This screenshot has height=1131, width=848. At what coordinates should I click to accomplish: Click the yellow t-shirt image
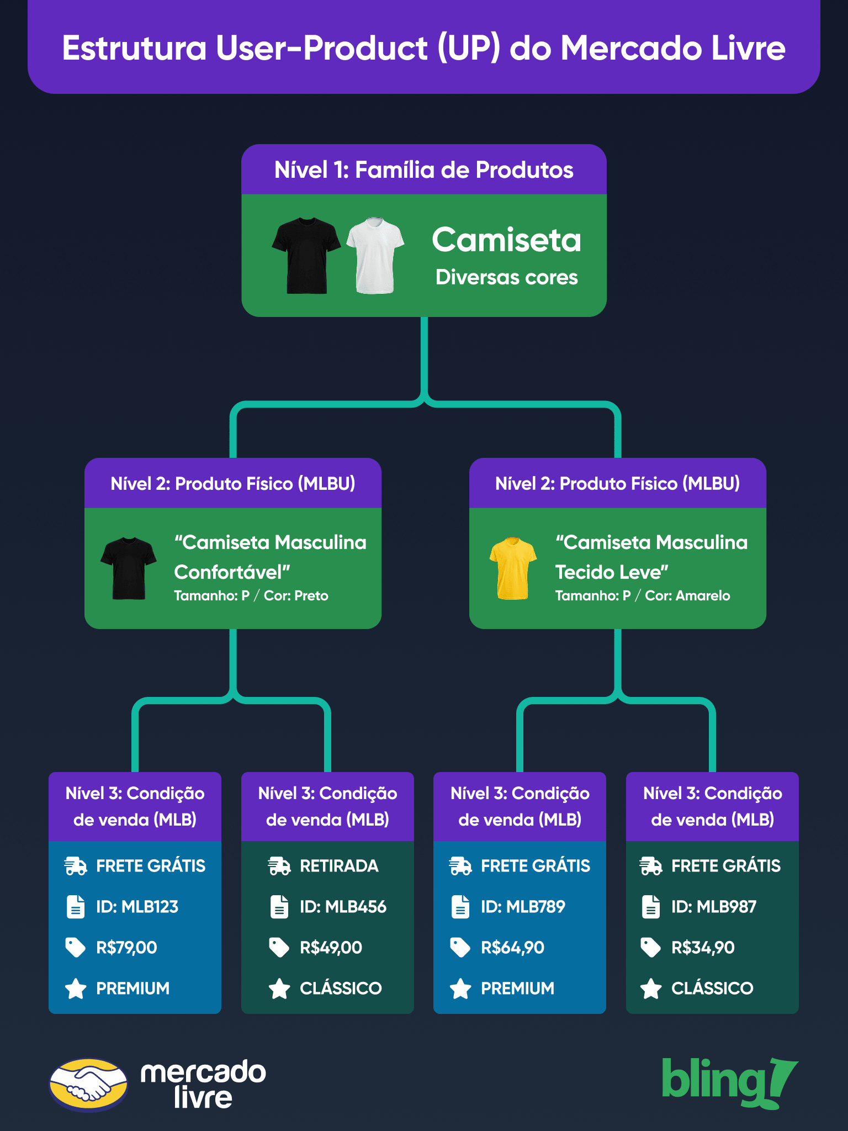click(x=513, y=568)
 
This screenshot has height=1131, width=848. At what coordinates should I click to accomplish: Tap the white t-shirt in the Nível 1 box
click(x=375, y=255)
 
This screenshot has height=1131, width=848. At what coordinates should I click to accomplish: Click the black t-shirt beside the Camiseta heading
click(x=306, y=255)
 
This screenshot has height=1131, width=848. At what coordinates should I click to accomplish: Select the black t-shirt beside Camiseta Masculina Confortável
click(x=129, y=568)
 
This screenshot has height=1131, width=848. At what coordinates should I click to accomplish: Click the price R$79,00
click(x=126, y=948)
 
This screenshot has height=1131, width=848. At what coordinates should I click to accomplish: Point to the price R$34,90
click(x=703, y=948)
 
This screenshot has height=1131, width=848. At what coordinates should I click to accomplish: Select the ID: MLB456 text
click(x=343, y=907)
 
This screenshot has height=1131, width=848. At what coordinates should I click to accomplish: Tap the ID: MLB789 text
click(x=523, y=907)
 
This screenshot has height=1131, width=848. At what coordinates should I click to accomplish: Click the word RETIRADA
click(x=339, y=866)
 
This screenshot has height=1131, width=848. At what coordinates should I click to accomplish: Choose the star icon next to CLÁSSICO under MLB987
click(x=651, y=989)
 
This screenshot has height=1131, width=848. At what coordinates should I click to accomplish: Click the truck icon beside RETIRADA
click(x=279, y=866)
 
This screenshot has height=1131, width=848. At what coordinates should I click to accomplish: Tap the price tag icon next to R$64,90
click(x=460, y=948)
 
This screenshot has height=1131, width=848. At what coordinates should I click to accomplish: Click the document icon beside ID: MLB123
click(x=76, y=907)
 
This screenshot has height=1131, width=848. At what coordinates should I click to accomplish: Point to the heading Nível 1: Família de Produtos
click(x=424, y=170)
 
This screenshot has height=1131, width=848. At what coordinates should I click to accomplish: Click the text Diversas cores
click(x=506, y=277)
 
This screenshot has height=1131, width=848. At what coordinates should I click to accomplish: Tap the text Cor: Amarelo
click(x=687, y=596)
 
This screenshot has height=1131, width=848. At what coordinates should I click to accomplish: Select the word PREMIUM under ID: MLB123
click(x=133, y=989)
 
